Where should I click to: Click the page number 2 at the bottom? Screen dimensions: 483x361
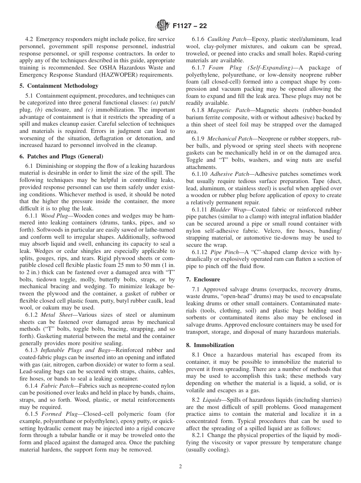coord(180,467)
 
